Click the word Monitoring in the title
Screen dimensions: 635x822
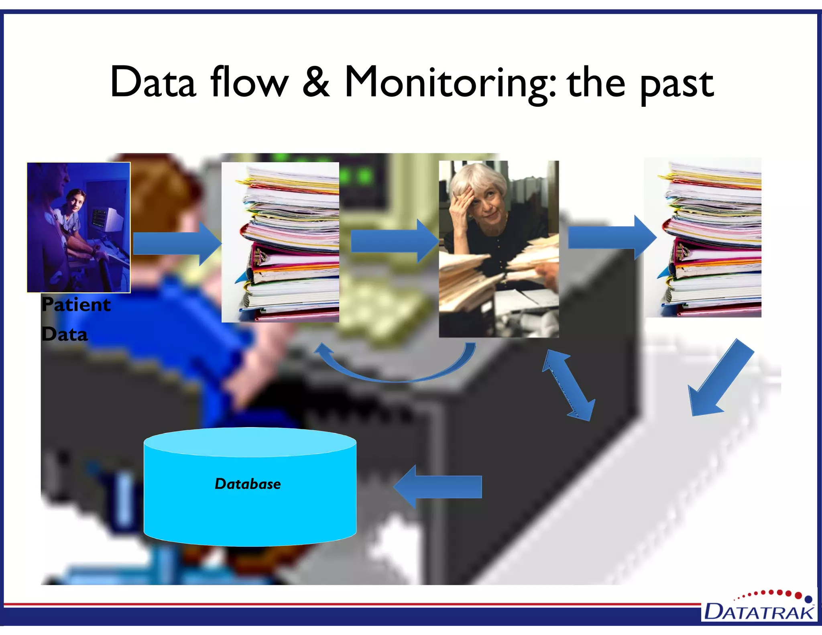pyautogui.click(x=450, y=83)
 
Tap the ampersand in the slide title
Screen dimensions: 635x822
pyautogui.click(x=316, y=82)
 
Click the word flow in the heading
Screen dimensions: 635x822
pyautogui.click(x=249, y=82)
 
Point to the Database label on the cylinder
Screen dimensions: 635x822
pyautogui.click(x=248, y=484)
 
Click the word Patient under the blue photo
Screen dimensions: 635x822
pyautogui.click(x=76, y=305)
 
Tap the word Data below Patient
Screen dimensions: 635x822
pyautogui.click(x=65, y=334)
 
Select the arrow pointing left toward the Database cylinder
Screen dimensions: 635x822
pyautogui.click(x=437, y=487)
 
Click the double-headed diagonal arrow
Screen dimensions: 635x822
pyautogui.click(x=568, y=385)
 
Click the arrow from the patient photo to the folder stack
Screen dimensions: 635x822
pyautogui.click(x=177, y=243)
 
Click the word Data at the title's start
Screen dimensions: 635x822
pyautogui.click(x=153, y=83)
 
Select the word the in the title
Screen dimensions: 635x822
pyautogui.click(x=596, y=83)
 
